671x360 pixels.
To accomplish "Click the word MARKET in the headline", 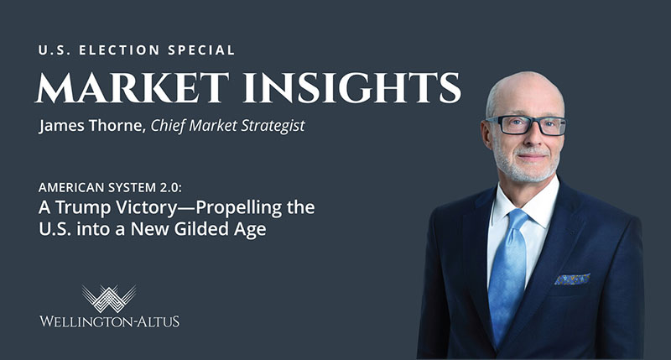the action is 133,88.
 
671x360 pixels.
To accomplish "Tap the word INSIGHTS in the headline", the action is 352,88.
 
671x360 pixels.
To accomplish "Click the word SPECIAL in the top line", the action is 201,50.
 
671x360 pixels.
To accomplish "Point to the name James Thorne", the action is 92,125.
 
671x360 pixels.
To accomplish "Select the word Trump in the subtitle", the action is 82,207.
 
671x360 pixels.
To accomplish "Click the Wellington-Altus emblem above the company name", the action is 109,299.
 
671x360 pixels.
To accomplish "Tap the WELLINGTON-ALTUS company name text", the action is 110,321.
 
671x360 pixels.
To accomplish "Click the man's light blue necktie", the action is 507,274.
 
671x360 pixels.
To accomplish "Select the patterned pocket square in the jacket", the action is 572,279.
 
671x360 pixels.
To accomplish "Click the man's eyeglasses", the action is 527,125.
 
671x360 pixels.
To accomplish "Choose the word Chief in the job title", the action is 169,126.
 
